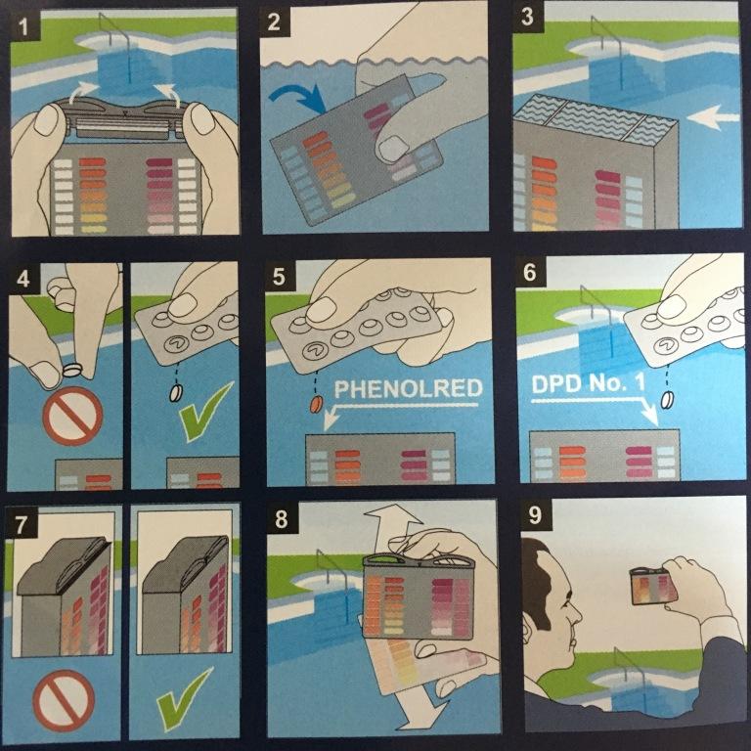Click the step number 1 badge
[x=23, y=25]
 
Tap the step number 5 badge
[x=279, y=278]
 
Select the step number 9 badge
[x=535, y=515]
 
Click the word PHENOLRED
[x=408, y=389]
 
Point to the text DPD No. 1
[x=588, y=383]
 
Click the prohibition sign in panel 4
[x=72, y=417]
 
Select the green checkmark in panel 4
[x=203, y=412]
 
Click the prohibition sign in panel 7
[x=64, y=700]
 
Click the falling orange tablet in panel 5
[x=316, y=404]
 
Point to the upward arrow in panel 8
[x=393, y=527]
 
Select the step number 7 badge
[x=21, y=524]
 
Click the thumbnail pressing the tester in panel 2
[x=393, y=148]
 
